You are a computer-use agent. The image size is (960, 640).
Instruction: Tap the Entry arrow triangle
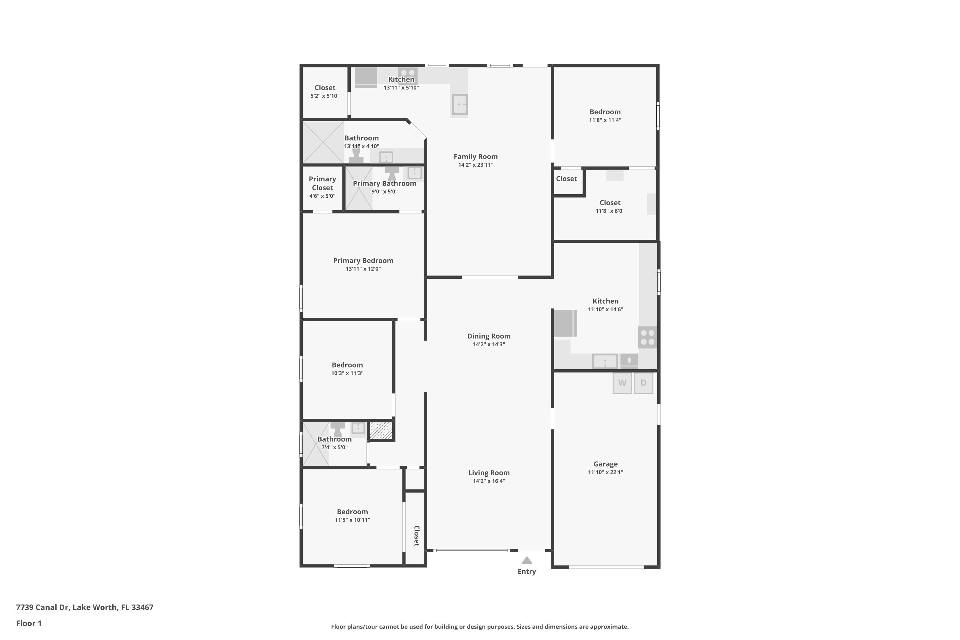tap(526, 560)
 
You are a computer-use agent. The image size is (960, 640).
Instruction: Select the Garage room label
tap(605, 464)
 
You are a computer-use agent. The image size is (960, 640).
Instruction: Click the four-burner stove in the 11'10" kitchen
tap(647, 337)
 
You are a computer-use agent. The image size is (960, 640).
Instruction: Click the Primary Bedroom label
tap(363, 261)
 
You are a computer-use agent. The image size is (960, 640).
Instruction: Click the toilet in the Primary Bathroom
tap(392, 173)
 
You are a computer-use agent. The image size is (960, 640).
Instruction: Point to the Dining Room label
tap(489, 336)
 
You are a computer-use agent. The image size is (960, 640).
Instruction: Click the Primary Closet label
tap(322, 184)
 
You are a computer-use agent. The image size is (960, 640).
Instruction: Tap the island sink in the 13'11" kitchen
tap(460, 105)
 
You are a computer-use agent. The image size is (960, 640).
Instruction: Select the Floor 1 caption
tap(28, 623)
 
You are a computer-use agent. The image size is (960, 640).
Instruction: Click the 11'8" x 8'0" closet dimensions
tap(610, 211)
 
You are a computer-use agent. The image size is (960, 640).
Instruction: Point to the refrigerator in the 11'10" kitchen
tap(565, 323)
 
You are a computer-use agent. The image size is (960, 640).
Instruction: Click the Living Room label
tap(489, 473)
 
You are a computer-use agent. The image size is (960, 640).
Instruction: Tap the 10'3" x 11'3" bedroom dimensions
tap(347, 373)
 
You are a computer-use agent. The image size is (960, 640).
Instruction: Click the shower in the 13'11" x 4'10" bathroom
tap(323, 142)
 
